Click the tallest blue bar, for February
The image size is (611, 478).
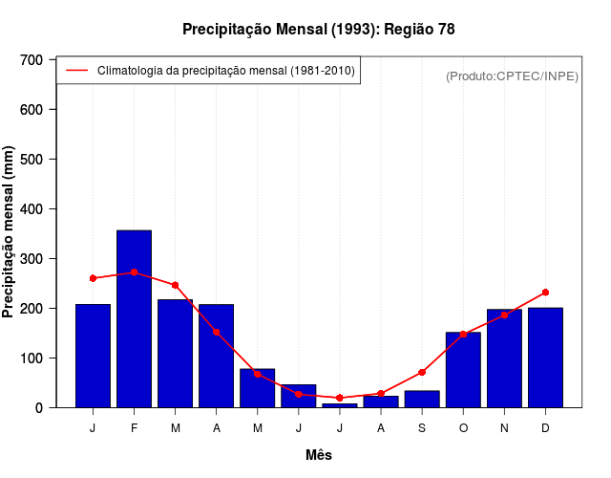click(x=134, y=318)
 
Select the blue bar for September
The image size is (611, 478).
click(x=422, y=399)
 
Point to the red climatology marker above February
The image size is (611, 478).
click(x=134, y=272)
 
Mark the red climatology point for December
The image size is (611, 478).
click(x=545, y=292)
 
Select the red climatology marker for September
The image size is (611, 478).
click(x=422, y=372)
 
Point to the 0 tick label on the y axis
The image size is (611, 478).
click(x=39, y=407)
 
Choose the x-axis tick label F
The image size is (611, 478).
click(x=134, y=428)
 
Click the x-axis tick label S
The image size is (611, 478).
click(x=422, y=428)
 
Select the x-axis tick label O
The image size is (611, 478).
click(x=463, y=428)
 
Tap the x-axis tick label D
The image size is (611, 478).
click(x=545, y=428)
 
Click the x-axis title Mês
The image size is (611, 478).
click(x=319, y=455)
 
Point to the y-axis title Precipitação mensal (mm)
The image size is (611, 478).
click(x=9, y=231)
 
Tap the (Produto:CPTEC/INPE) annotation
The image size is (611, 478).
click(x=512, y=76)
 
